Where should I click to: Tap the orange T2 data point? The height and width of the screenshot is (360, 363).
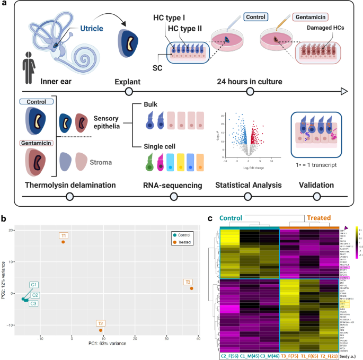100,330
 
